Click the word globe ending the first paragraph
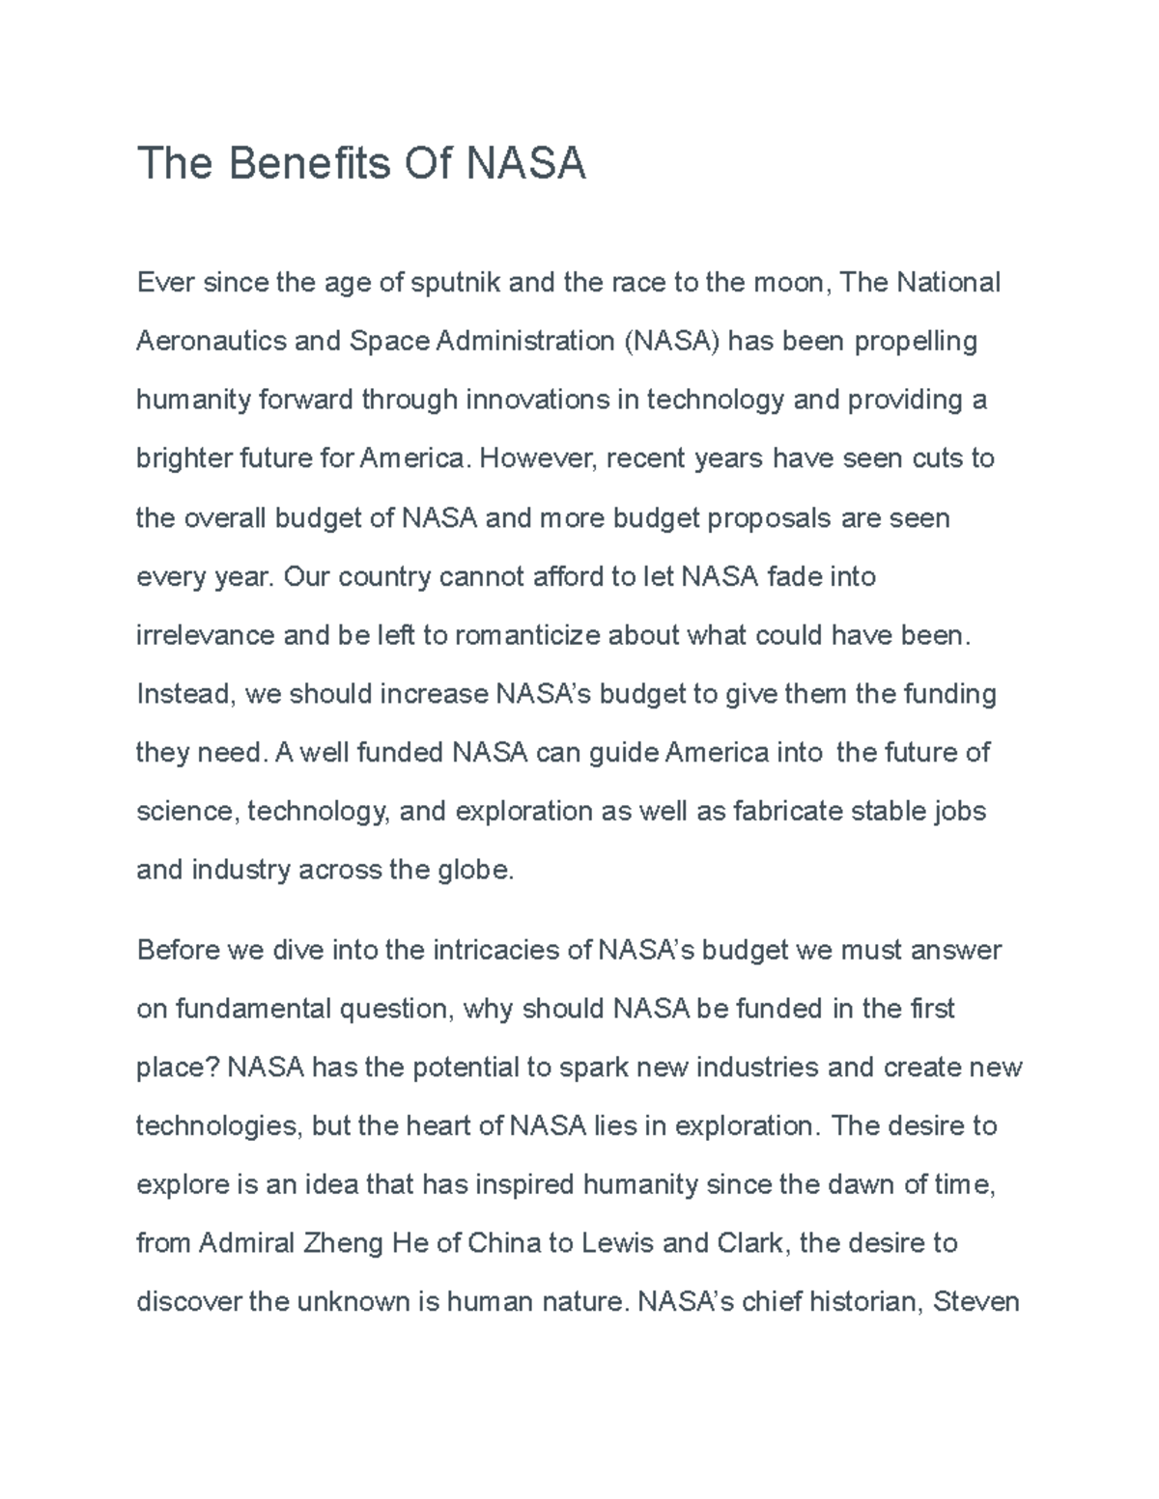(x=476, y=870)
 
